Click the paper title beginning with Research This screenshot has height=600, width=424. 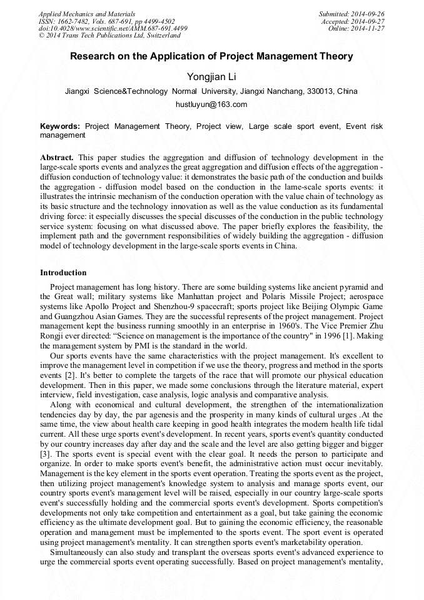click(211, 56)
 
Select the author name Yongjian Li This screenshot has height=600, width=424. click(211, 76)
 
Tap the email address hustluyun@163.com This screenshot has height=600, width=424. click(211, 104)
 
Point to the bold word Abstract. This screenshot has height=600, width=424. click(56, 158)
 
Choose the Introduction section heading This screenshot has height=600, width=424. click(63, 273)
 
